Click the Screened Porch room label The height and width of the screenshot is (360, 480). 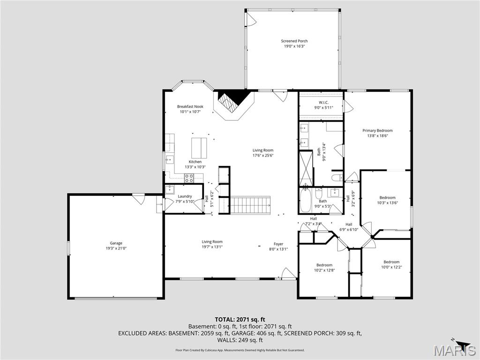pyautogui.click(x=294, y=41)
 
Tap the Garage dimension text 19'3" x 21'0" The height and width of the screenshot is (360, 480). pyautogui.click(x=116, y=248)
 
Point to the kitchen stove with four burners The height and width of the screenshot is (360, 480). pyautogui.click(x=189, y=178)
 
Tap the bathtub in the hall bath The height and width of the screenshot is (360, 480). pyautogui.click(x=306, y=200)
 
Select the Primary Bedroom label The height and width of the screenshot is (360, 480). pyautogui.click(x=377, y=131)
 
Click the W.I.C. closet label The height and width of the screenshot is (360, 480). pyautogui.click(x=323, y=102)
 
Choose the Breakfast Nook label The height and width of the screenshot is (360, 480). pyautogui.click(x=190, y=107)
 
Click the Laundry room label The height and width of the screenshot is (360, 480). pyautogui.click(x=185, y=196)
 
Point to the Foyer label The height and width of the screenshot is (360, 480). pyautogui.click(x=278, y=244)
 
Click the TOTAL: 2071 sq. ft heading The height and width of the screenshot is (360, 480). pyautogui.click(x=240, y=319)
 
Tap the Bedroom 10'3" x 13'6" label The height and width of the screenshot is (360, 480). pyautogui.click(x=388, y=198)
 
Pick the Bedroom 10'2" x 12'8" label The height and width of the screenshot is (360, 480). pyautogui.click(x=324, y=265)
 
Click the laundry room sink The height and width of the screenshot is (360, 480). pyautogui.click(x=169, y=190)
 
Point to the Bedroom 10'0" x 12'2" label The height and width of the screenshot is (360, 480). pyautogui.click(x=391, y=262)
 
